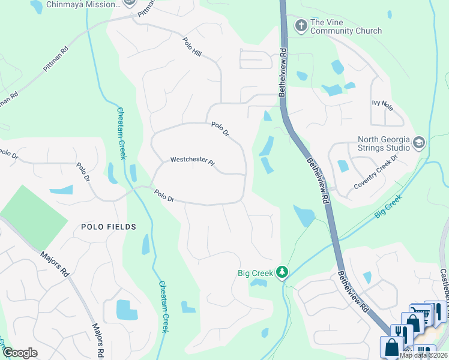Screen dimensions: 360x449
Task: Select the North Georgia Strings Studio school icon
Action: point(418,143)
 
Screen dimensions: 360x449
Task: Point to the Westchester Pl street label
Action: point(192,160)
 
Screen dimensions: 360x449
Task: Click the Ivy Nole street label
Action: point(382,106)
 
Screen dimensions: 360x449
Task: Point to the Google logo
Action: point(19,353)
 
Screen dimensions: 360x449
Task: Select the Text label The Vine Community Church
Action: point(346,27)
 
